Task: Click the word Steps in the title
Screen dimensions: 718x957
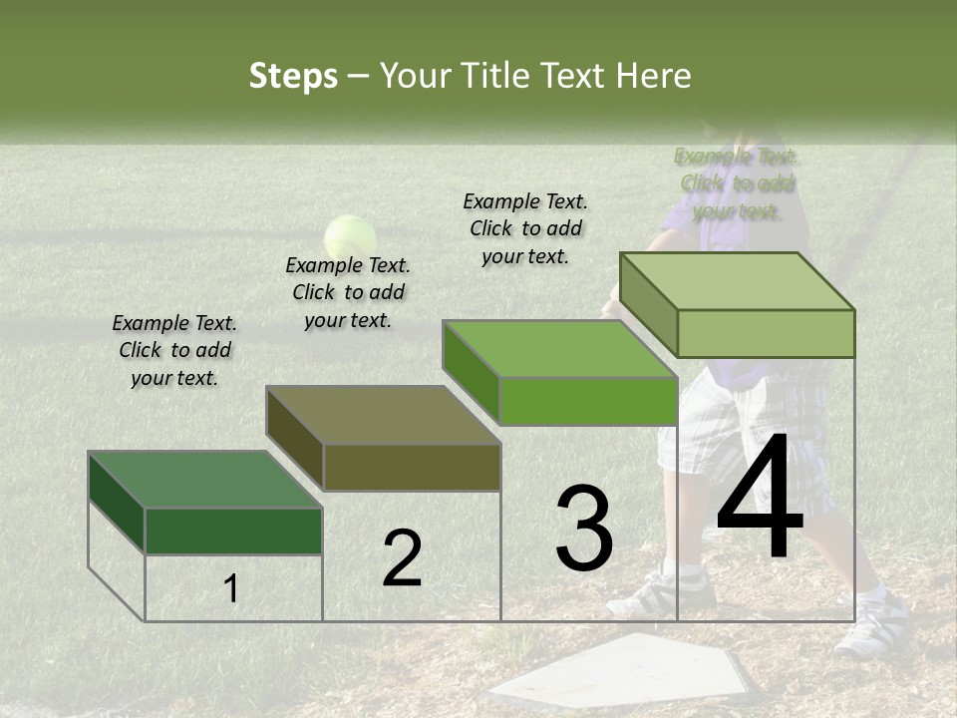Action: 293,76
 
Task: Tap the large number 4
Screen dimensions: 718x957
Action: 760,498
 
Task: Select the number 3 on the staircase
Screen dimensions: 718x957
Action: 583,529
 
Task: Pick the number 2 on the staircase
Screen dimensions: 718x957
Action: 402,559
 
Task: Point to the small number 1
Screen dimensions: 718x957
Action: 230,589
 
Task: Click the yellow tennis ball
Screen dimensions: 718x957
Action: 350,237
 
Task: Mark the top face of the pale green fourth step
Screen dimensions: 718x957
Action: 738,281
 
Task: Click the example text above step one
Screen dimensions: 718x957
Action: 174,350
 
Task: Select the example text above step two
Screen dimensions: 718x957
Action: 348,292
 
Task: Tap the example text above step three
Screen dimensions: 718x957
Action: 525,228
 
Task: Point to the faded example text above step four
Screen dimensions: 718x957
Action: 737,183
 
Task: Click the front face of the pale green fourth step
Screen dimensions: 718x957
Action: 766,333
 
